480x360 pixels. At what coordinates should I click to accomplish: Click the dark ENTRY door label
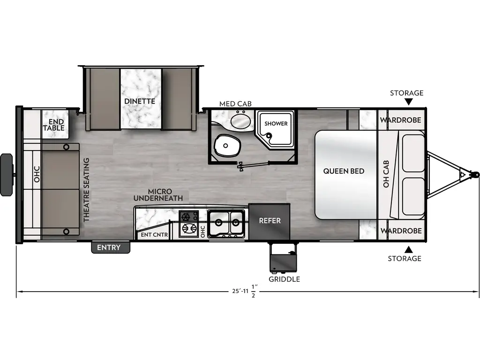coord(109,247)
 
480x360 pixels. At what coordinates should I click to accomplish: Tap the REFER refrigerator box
coord(270,221)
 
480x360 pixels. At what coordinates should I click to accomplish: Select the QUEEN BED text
coord(344,171)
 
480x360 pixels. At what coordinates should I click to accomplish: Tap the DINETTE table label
coord(139,101)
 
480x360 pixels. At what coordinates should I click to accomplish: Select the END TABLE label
coord(53,125)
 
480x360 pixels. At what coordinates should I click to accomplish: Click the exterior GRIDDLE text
coord(284,279)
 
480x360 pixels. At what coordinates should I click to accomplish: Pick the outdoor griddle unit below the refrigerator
coord(283,258)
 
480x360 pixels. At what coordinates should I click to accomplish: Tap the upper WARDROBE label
coord(400,120)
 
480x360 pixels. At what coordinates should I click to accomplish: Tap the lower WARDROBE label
coord(400,231)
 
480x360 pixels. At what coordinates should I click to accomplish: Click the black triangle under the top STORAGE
coord(408,102)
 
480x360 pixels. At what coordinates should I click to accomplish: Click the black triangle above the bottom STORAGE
coord(408,249)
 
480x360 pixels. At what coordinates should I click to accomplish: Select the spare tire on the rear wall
coord(7,174)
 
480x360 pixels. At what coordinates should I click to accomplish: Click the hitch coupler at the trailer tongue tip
coord(475,175)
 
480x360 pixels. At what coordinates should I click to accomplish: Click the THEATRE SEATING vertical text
coord(86,190)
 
